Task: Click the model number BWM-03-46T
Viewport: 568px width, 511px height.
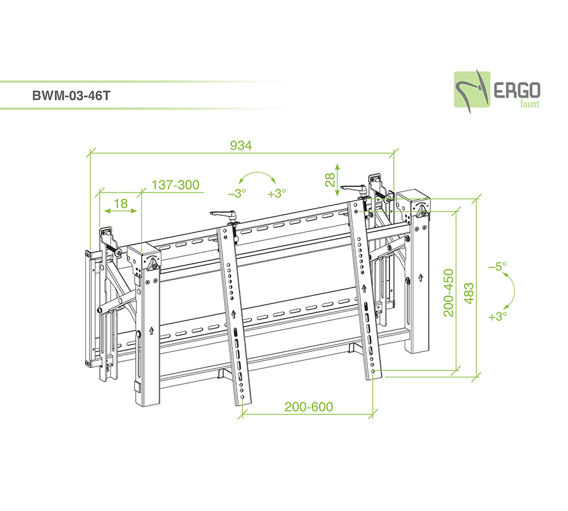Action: coord(71,96)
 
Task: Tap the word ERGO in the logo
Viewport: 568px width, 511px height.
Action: coord(517,91)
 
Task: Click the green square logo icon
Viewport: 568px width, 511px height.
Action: coord(472,90)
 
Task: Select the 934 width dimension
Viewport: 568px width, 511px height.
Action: coord(241,146)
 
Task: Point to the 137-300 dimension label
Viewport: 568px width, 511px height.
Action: coord(175,185)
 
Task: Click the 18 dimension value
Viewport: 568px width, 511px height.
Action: coord(121,204)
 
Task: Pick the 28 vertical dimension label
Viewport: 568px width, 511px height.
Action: coord(329,180)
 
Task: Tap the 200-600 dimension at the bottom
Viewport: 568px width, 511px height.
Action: coord(309,407)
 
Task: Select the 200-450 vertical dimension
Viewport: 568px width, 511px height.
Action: coord(449,293)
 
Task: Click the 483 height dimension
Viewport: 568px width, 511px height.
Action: coord(468,294)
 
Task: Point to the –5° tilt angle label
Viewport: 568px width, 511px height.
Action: coord(498,267)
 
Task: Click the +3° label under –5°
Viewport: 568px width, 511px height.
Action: coord(498,317)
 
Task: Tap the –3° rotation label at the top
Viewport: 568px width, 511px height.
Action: coord(237,194)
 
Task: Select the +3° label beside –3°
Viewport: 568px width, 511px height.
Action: coord(277,194)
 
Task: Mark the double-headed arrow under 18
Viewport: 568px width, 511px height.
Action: coord(121,211)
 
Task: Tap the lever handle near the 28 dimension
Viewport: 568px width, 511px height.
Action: coord(355,189)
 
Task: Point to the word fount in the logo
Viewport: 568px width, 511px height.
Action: coord(530,104)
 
